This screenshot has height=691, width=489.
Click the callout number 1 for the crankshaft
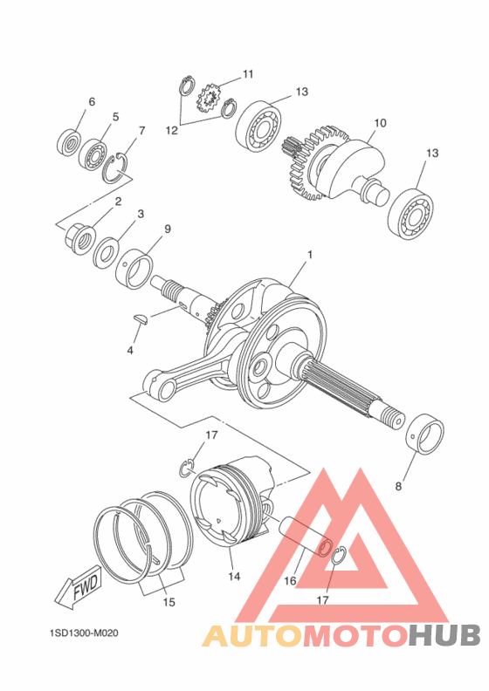(x=308, y=257)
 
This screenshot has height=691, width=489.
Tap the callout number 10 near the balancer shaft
(x=380, y=123)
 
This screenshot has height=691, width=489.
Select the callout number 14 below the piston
(x=233, y=577)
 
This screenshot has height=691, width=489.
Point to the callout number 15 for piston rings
(x=169, y=602)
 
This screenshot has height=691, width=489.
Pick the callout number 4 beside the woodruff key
(x=130, y=351)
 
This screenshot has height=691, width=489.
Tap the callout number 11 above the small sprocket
(x=248, y=74)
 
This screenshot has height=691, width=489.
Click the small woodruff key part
(x=143, y=319)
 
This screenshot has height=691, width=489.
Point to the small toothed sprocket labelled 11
(x=210, y=99)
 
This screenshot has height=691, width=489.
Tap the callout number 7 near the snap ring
(x=141, y=132)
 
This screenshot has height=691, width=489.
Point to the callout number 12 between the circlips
(x=172, y=130)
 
